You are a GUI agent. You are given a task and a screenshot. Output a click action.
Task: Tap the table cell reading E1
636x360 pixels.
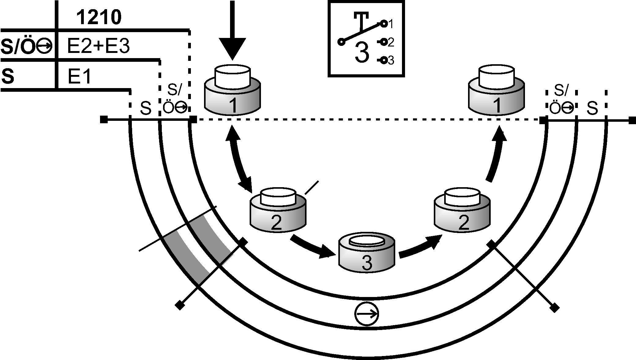79,76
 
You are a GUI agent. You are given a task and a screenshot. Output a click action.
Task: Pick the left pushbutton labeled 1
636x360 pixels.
232,92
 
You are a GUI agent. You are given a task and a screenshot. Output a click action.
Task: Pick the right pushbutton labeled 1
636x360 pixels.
497,92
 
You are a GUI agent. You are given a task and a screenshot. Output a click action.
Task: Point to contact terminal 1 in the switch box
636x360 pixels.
384,23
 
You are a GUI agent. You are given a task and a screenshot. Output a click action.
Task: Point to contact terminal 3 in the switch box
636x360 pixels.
384,61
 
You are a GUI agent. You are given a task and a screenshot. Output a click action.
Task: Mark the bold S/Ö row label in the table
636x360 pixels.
26,46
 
